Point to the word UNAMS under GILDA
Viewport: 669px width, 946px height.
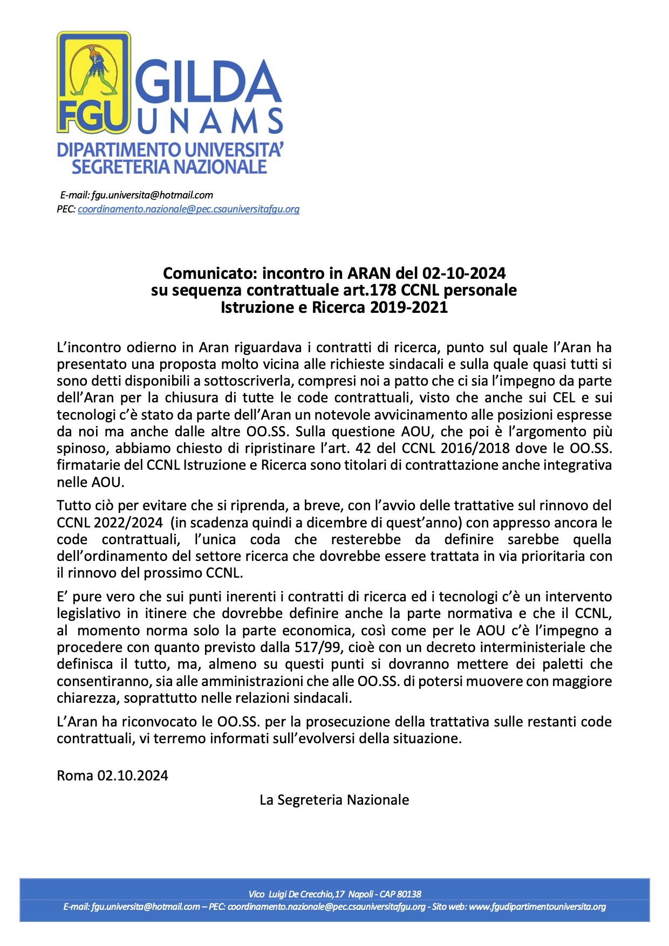point(210,121)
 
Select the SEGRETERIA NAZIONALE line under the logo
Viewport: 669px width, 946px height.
point(169,167)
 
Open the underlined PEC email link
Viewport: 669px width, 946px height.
point(188,209)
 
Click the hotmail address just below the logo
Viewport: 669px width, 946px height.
point(152,195)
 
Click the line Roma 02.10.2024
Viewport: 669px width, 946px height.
point(112,776)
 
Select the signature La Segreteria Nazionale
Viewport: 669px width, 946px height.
point(334,800)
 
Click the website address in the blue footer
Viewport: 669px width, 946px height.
point(537,907)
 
